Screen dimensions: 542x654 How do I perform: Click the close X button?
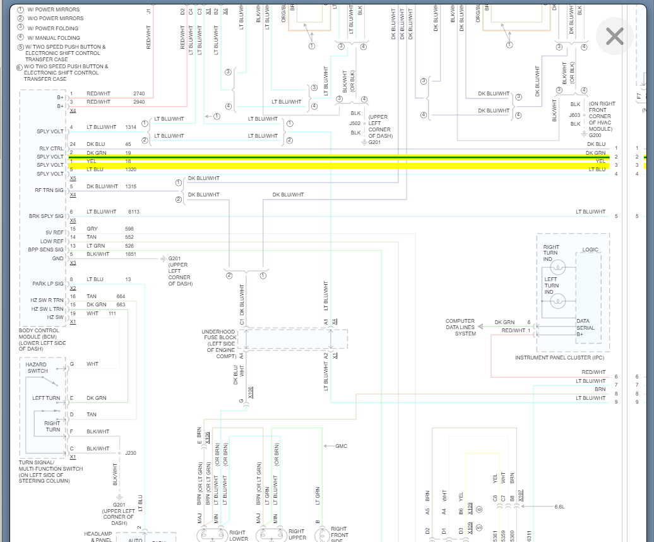tap(614, 36)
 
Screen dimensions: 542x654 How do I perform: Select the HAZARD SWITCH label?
tap(37, 368)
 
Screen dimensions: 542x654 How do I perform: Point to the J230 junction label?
tap(131, 452)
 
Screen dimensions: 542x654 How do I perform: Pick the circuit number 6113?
tap(134, 212)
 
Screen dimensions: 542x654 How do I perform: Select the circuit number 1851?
tap(130, 254)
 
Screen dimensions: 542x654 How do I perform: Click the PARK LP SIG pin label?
tap(48, 284)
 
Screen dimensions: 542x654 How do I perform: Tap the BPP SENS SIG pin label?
tap(45, 250)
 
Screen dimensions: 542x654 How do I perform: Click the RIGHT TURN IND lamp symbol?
tap(557, 268)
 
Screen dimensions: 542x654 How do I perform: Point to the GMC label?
tap(341, 446)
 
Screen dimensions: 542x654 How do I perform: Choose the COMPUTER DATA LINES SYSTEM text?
tap(461, 327)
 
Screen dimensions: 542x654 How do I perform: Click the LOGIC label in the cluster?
tap(590, 250)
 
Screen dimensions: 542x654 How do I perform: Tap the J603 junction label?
tap(574, 115)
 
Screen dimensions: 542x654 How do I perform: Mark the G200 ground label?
tap(595, 135)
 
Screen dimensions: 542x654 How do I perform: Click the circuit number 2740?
tap(139, 93)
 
